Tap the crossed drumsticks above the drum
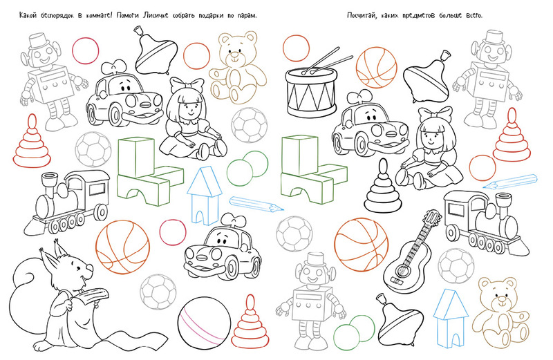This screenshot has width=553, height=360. [327, 61]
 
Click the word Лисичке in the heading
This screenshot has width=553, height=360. [157, 15]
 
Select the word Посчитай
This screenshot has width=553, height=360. [359, 15]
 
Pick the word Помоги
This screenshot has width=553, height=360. [128, 16]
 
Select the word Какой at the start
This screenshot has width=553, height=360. [28, 15]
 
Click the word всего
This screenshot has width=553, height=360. [474, 16]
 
